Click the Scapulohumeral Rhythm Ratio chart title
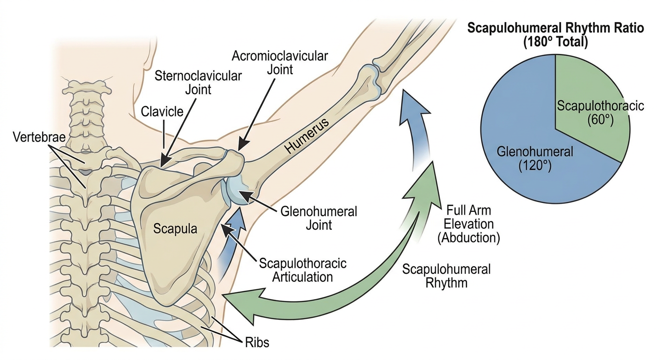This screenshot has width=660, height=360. click(x=555, y=35)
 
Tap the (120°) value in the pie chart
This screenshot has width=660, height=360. click(x=535, y=166)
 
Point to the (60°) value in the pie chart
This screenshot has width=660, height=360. click(x=600, y=120)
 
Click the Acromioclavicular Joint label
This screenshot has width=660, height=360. click(x=280, y=63)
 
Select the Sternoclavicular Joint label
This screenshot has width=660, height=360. click(x=198, y=83)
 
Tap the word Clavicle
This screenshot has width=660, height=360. click(x=162, y=112)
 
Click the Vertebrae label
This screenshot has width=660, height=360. click(x=39, y=137)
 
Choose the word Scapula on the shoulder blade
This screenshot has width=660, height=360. click(x=175, y=229)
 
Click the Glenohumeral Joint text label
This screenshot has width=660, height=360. click(x=318, y=218)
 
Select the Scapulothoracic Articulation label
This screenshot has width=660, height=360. click(x=303, y=270)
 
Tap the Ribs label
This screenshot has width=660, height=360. click(x=257, y=343)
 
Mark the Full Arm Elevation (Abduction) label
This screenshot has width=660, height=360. click(x=468, y=224)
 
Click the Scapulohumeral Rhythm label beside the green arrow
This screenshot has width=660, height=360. click(x=446, y=276)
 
